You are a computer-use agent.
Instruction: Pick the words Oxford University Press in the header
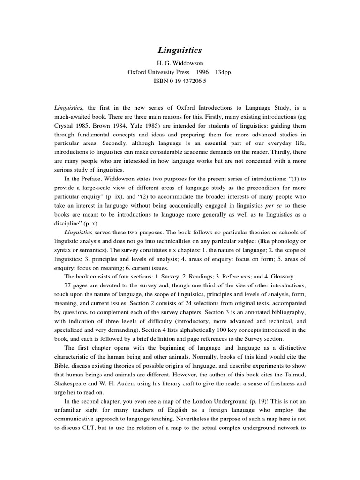pos(159,72)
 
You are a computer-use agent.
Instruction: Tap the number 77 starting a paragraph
pos(68,285)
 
